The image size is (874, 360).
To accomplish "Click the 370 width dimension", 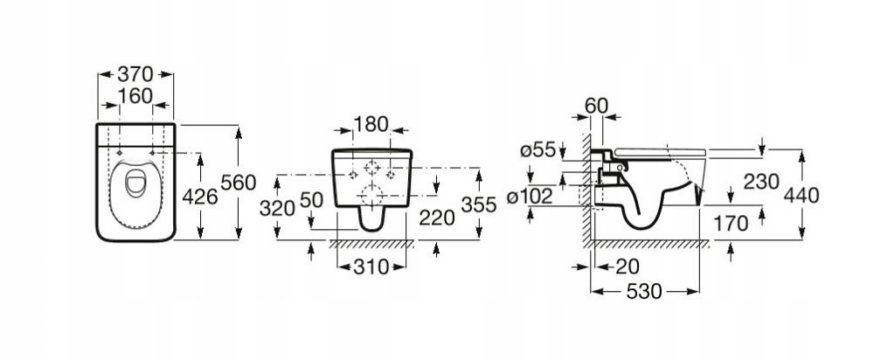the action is (x=135, y=74).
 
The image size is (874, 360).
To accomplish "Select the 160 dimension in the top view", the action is (x=135, y=96).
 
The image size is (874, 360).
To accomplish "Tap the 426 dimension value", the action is (x=200, y=197).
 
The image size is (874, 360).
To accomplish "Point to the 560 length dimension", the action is (x=239, y=183).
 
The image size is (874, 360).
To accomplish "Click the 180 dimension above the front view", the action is (x=371, y=124).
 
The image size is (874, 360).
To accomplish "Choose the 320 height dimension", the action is (x=277, y=209).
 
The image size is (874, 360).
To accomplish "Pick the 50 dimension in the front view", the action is (x=312, y=200).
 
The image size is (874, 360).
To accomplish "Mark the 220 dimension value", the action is (x=437, y=218).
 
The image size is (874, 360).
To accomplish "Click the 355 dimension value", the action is (x=478, y=205).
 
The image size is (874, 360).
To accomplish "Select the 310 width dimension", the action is (x=371, y=267).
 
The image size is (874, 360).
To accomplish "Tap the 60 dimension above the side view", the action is (x=596, y=106).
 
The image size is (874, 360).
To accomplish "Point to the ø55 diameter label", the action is (x=538, y=150).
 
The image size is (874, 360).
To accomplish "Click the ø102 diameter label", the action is (x=530, y=196).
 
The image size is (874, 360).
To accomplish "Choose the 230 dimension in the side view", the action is (x=760, y=181).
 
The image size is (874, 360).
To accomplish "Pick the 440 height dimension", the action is (x=801, y=195).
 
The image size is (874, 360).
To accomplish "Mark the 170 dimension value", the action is (x=731, y=224).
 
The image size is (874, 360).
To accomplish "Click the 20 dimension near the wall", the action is (x=627, y=267).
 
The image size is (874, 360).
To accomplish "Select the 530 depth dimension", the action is (x=644, y=292).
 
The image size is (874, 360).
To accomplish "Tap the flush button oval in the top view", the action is (x=135, y=183).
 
